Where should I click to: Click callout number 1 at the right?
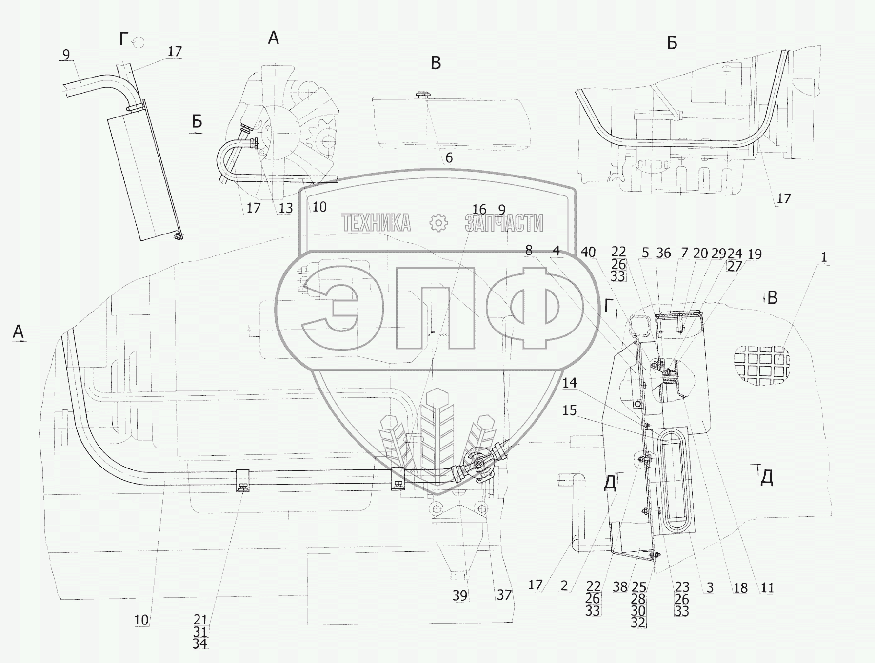tap(824, 257)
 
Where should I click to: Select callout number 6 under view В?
tap(449, 158)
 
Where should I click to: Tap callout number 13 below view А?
tap(285, 208)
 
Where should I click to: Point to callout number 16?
tap(479, 210)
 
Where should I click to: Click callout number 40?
tap(588, 252)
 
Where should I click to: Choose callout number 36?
tap(663, 253)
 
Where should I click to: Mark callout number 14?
tap(570, 383)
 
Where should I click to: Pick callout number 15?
tap(570, 410)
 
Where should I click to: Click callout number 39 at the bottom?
tap(460, 595)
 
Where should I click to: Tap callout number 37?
tap(504, 595)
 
